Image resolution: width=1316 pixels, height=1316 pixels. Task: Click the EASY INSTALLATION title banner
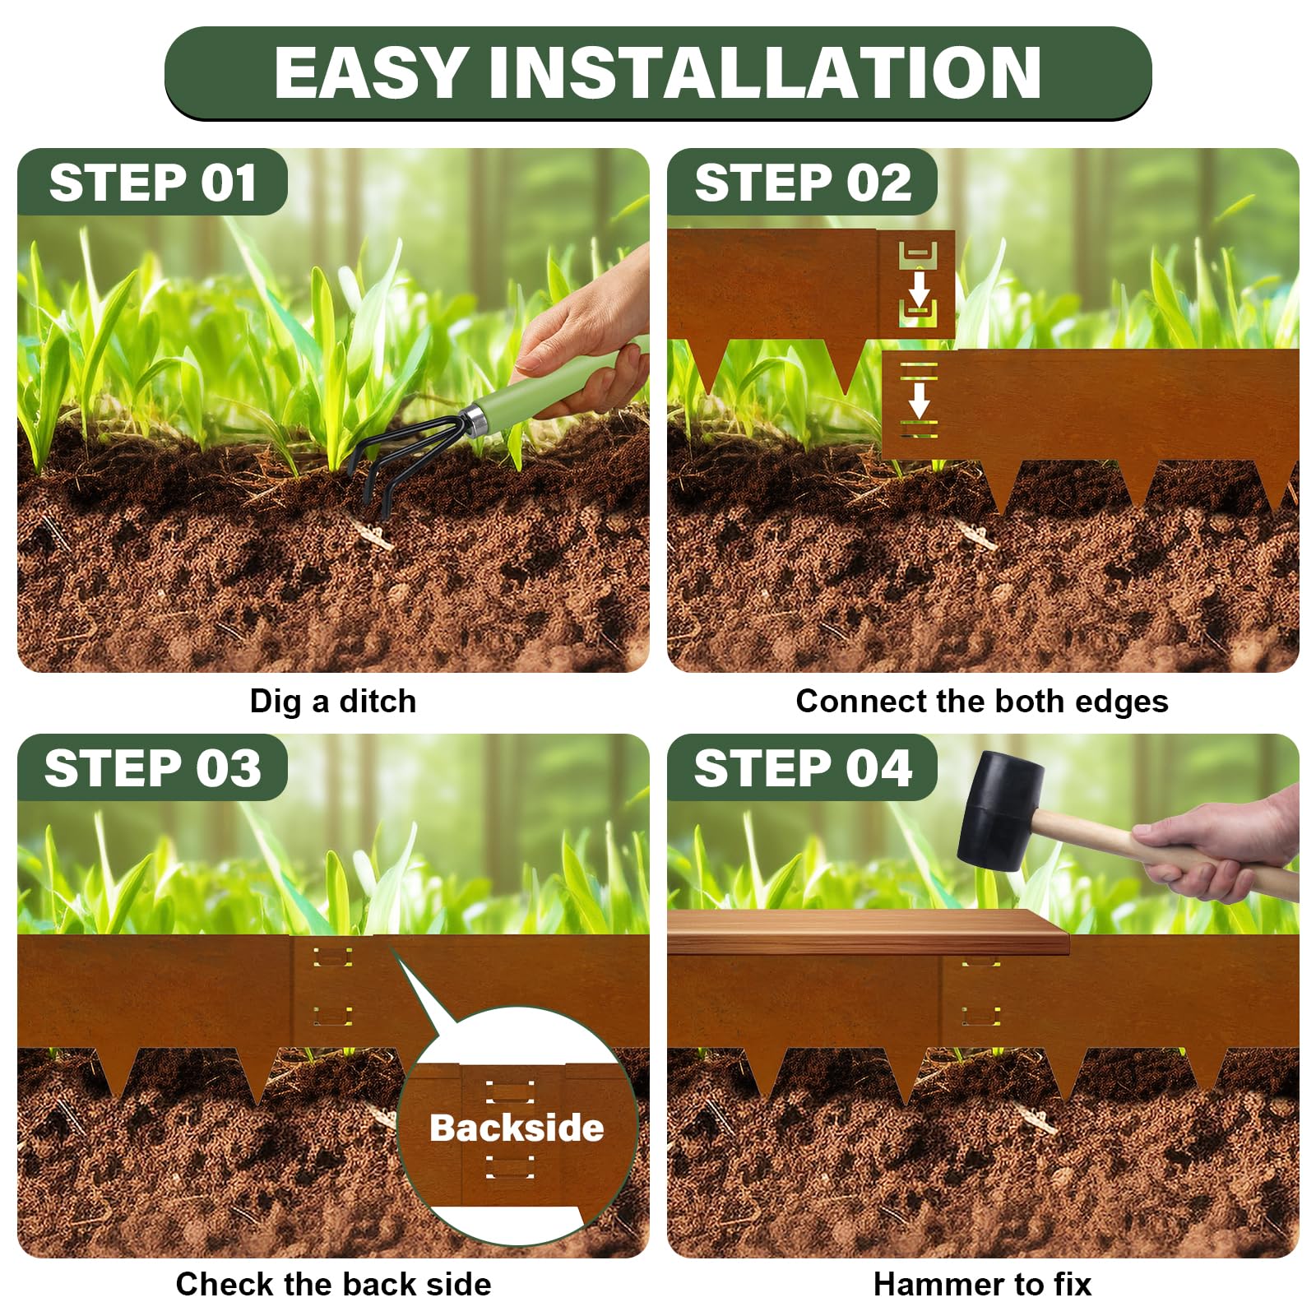[x=658, y=72]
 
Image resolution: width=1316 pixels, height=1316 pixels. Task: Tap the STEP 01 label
[x=153, y=182]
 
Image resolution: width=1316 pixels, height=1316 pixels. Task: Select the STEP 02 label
[x=803, y=182]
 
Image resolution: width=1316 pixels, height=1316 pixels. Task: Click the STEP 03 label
[x=153, y=767]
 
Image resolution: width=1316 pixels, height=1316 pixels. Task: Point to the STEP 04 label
[x=803, y=767]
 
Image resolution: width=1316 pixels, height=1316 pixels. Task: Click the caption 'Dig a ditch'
[x=333, y=702]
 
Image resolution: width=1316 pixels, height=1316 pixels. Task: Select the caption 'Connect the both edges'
[x=982, y=702]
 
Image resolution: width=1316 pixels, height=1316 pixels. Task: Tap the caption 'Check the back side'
[x=333, y=1284]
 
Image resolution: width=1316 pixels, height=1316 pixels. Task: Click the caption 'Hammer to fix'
[x=982, y=1284]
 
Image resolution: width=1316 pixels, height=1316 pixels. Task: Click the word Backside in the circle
[x=517, y=1128]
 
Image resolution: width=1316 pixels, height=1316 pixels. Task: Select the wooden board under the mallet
[x=868, y=932]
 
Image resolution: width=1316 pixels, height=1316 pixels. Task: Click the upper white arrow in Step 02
[x=919, y=288]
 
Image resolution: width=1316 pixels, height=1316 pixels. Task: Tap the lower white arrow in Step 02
[x=919, y=399]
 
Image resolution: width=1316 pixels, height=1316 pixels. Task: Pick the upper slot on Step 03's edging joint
[x=331, y=957]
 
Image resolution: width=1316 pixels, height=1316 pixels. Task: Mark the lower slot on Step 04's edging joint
[x=981, y=1016]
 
